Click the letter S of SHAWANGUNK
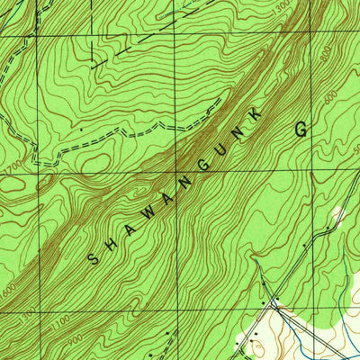(94, 258)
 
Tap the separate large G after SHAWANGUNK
(300, 129)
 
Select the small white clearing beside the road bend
(338, 216)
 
